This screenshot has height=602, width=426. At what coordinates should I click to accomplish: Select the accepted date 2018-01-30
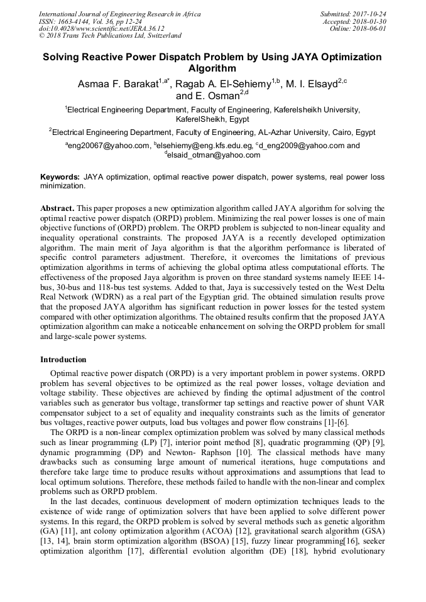369,21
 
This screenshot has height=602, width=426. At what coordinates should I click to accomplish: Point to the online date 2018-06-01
369,29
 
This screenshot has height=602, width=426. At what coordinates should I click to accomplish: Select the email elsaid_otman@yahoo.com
214,155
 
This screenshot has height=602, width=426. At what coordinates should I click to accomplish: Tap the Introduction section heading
63,360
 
